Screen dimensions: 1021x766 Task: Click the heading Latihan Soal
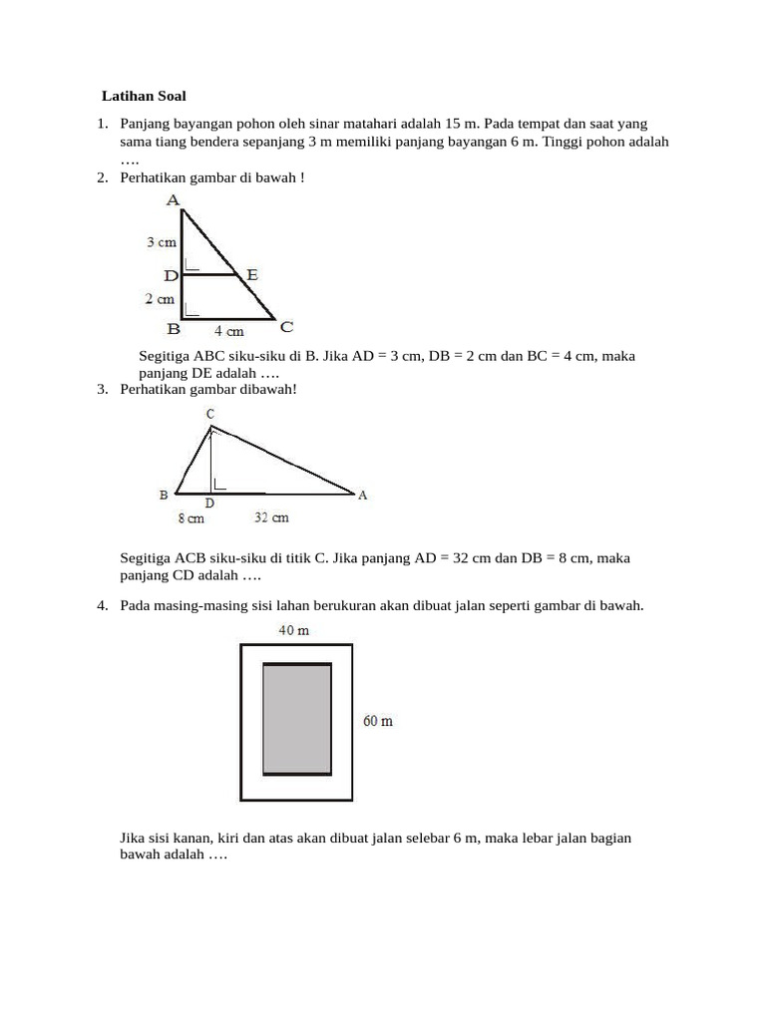(x=144, y=97)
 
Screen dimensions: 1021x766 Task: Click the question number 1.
(x=102, y=124)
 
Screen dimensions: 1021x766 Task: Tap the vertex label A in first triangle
(x=174, y=200)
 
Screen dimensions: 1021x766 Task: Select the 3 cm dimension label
(x=162, y=242)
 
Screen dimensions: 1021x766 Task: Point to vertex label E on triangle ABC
(x=252, y=274)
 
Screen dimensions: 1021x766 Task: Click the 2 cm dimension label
(x=161, y=298)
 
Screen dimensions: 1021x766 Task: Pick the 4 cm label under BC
(x=228, y=331)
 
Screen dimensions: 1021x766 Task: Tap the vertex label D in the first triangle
(x=172, y=275)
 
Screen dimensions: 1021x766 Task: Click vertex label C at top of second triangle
(x=209, y=414)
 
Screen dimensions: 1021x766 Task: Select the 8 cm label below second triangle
(x=191, y=518)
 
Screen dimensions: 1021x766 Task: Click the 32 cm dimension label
(x=271, y=518)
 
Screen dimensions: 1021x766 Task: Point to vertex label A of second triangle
(x=362, y=495)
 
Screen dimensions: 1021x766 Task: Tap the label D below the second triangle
(x=209, y=505)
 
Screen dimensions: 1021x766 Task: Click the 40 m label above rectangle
(x=293, y=631)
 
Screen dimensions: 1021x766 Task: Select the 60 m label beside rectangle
(x=378, y=721)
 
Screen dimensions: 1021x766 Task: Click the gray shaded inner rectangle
(x=296, y=719)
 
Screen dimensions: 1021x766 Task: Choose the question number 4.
(x=102, y=605)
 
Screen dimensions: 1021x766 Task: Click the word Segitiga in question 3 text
(x=147, y=558)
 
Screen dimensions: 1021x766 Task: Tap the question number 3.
(x=102, y=389)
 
